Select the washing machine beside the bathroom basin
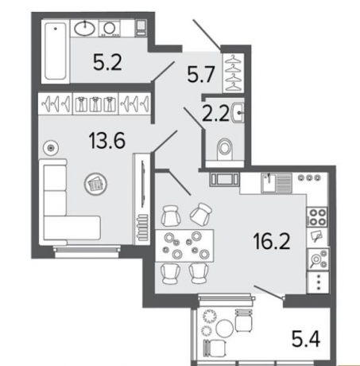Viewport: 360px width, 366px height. [x=110, y=29]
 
